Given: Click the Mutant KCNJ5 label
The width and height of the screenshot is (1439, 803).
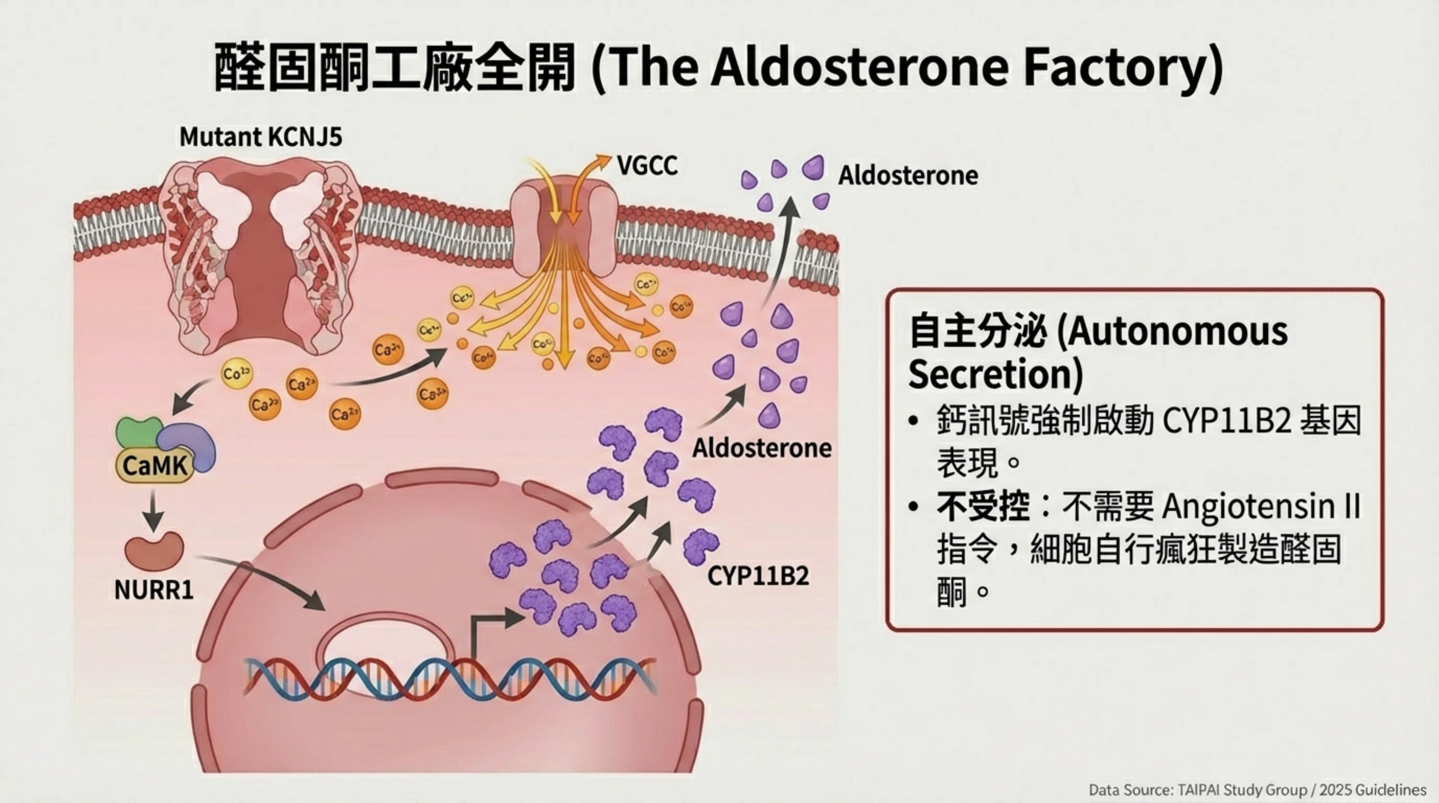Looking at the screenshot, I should pyautogui.click(x=261, y=137).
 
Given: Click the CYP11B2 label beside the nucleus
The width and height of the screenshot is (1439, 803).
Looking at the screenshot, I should pyautogui.click(x=758, y=576).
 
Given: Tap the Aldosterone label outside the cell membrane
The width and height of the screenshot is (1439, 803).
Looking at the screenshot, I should pyautogui.click(x=908, y=176).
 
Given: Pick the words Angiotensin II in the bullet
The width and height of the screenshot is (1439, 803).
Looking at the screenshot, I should pyautogui.click(x=1260, y=507).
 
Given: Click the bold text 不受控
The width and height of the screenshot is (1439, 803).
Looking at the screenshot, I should pyautogui.click(x=983, y=507).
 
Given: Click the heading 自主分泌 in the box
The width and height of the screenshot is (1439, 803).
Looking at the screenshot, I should pyautogui.click(x=977, y=331).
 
